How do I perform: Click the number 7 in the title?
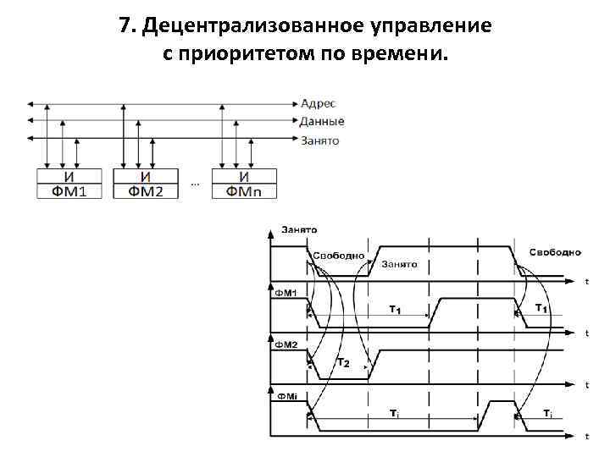(x=126, y=25)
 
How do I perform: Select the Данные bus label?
(x=323, y=122)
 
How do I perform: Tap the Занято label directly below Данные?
(x=321, y=140)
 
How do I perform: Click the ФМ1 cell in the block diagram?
(x=69, y=192)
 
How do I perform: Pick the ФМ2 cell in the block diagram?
(x=146, y=192)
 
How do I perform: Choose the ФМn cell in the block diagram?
(x=244, y=192)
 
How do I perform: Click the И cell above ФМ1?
(x=69, y=177)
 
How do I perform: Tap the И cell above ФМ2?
(x=146, y=177)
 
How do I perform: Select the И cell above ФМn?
(x=244, y=177)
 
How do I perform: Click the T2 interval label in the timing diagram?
(x=343, y=363)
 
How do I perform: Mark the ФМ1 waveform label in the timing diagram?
(x=285, y=293)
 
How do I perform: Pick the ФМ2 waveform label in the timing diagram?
(x=285, y=345)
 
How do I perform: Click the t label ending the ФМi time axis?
(x=587, y=436)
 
